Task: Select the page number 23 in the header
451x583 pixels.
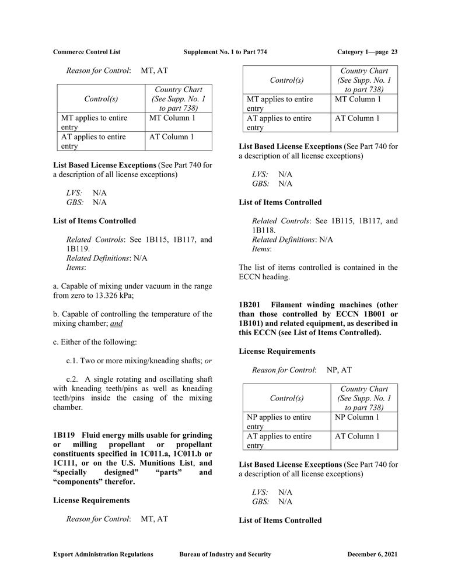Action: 394,52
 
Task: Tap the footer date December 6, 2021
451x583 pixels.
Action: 372,554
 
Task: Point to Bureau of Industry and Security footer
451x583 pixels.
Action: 225,554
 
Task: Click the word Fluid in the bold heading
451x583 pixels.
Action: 92,436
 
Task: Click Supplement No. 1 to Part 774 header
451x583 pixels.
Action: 225,52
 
